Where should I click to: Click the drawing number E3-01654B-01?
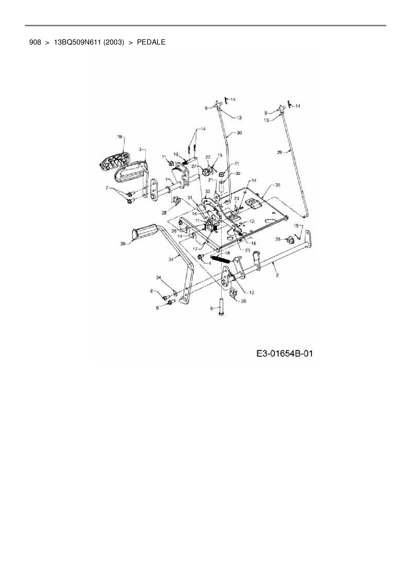(285, 353)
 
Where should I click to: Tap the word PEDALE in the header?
(151, 42)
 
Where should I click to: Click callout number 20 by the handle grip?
(123, 244)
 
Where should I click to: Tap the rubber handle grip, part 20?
(145, 231)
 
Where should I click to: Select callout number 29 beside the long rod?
(279, 152)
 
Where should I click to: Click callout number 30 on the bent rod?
(239, 133)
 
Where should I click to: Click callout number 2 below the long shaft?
(277, 275)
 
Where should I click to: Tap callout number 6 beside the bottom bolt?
(212, 308)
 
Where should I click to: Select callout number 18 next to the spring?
(227, 253)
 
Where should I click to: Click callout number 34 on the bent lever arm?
(171, 260)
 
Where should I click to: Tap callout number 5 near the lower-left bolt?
(157, 308)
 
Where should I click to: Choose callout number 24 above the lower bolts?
(158, 277)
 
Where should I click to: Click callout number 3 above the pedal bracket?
(140, 150)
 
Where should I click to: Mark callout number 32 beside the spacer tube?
(238, 174)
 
